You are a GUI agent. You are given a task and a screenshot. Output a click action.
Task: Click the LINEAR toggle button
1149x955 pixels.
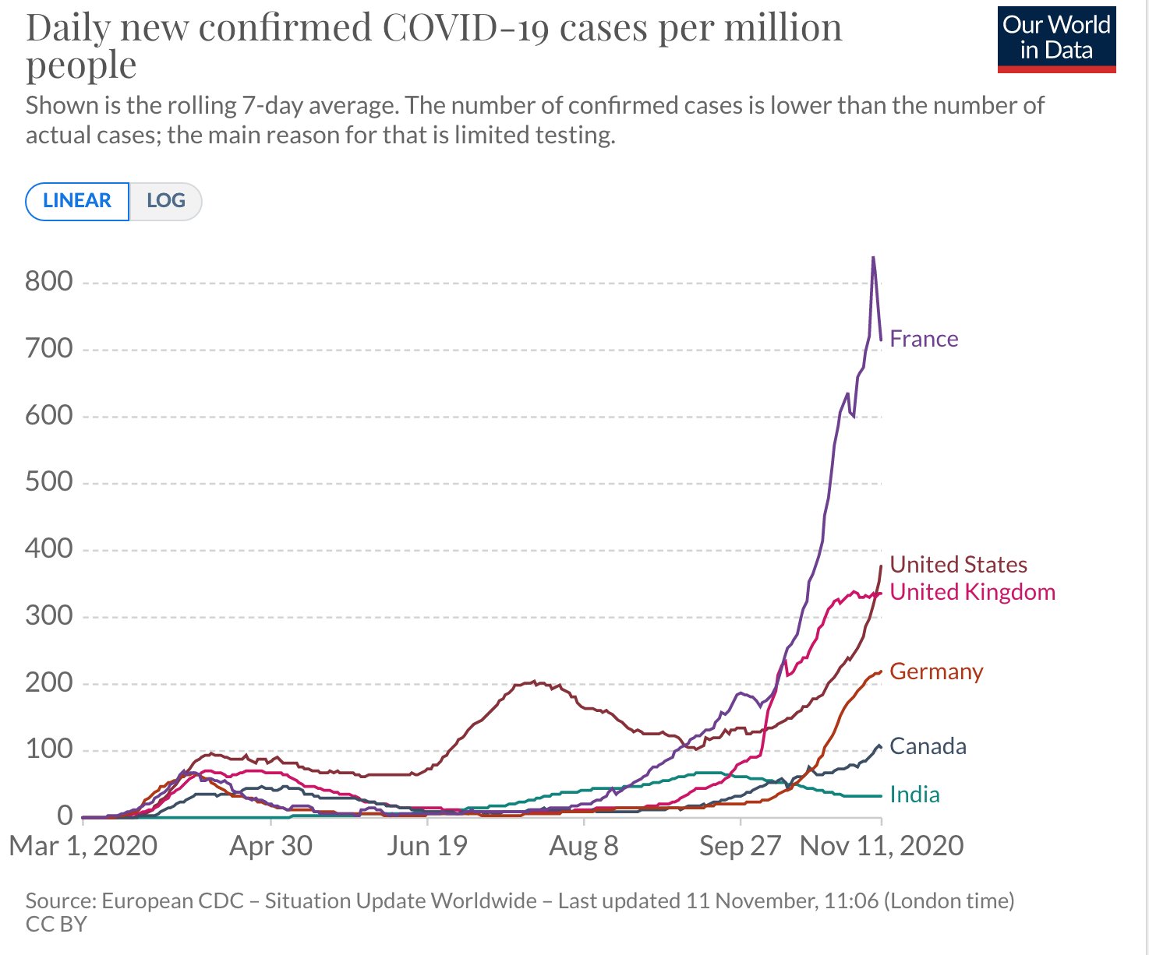[x=77, y=201]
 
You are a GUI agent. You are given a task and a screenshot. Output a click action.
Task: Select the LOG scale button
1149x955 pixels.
[x=165, y=201]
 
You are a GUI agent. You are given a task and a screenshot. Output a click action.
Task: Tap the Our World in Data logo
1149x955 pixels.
[x=1056, y=39]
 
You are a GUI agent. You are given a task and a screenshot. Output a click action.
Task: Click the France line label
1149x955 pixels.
[x=924, y=339]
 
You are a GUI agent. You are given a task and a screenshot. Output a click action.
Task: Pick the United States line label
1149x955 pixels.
[x=958, y=565]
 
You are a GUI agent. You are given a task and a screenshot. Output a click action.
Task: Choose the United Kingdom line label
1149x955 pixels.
[x=972, y=592]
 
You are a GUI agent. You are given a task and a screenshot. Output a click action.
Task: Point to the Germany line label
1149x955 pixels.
[x=936, y=671]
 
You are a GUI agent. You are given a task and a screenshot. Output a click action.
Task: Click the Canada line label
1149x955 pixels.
[x=928, y=746]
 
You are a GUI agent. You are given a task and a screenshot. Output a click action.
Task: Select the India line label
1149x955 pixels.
[x=914, y=795]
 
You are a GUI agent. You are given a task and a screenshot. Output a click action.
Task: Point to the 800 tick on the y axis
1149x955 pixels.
[x=48, y=282]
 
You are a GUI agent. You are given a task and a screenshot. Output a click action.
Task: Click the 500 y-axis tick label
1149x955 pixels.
[x=48, y=482]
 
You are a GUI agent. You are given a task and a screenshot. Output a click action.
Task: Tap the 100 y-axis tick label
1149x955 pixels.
[x=48, y=749]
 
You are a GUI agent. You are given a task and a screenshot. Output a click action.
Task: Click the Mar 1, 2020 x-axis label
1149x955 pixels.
[x=83, y=846]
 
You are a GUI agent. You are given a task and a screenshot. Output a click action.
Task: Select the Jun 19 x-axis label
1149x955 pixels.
[x=427, y=846]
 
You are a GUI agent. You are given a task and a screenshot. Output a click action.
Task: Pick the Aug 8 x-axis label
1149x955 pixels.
[x=584, y=846]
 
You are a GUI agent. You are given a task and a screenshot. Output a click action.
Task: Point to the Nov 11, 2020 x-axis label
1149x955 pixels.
[x=882, y=846]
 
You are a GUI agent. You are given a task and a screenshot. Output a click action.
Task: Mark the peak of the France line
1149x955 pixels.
[x=873, y=257]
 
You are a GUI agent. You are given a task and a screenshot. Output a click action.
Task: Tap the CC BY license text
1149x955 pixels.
[x=56, y=925]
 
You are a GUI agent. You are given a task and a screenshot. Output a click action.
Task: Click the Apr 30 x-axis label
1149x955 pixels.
[x=270, y=846]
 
